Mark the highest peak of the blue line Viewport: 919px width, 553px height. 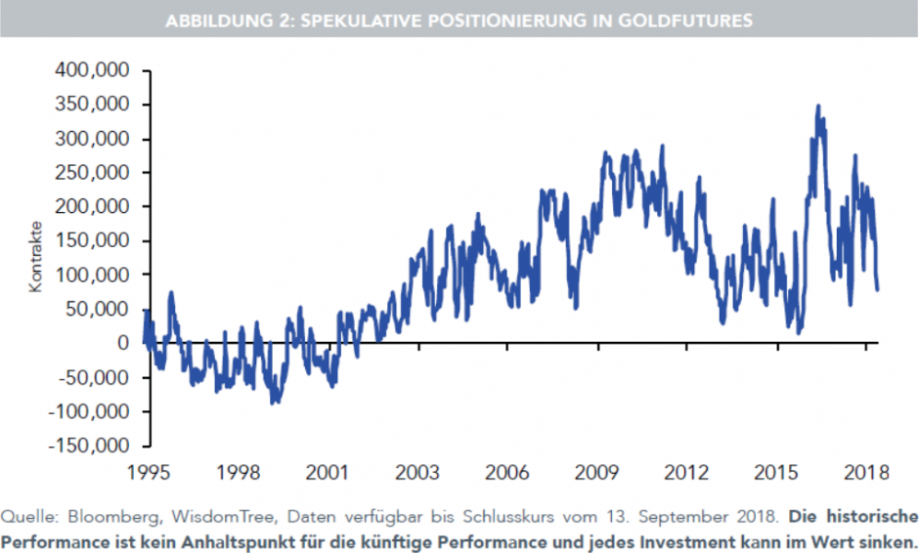(x=818, y=106)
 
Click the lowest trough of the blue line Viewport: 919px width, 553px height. (x=275, y=403)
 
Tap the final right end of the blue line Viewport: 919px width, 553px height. (x=877, y=289)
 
